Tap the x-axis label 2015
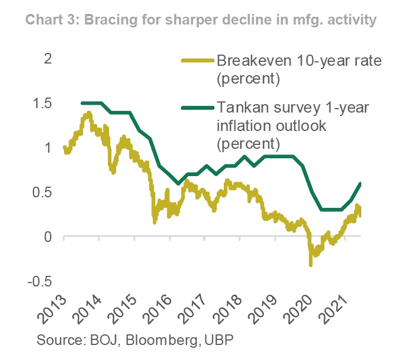(122, 310)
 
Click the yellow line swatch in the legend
(196, 61)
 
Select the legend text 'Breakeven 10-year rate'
(299, 61)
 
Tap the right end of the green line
(360, 183)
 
